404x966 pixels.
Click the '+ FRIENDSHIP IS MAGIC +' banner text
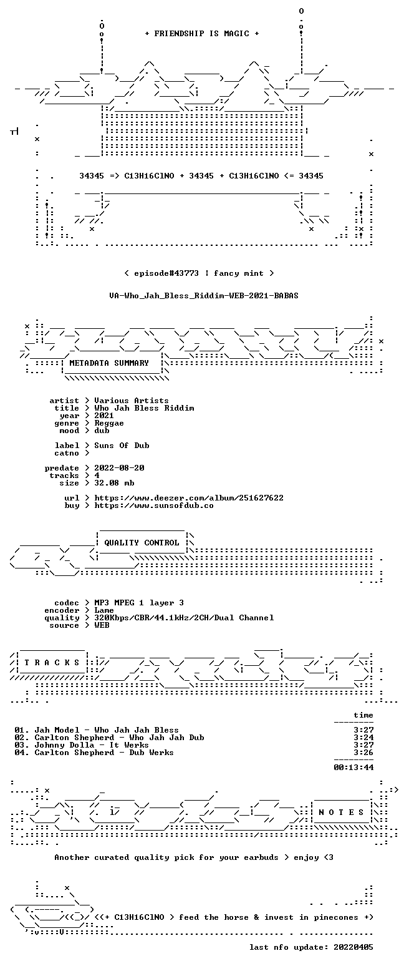point(202,33)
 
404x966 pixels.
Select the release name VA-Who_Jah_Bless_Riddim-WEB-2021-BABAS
point(204,295)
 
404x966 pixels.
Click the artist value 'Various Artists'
point(132,400)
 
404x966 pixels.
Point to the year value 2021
point(104,416)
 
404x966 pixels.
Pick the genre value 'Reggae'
point(109,422)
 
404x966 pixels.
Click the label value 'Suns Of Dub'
point(122,445)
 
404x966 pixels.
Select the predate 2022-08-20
point(119,467)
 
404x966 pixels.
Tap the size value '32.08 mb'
point(114,482)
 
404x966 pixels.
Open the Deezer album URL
point(189,497)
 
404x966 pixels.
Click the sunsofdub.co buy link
point(154,505)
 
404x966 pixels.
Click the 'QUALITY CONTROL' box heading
point(142,542)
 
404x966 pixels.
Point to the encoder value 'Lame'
point(104,610)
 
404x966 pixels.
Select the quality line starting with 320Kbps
point(184,618)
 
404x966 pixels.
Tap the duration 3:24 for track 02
point(363,738)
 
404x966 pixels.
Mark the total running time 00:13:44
point(353,767)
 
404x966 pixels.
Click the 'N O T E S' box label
point(341,812)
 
